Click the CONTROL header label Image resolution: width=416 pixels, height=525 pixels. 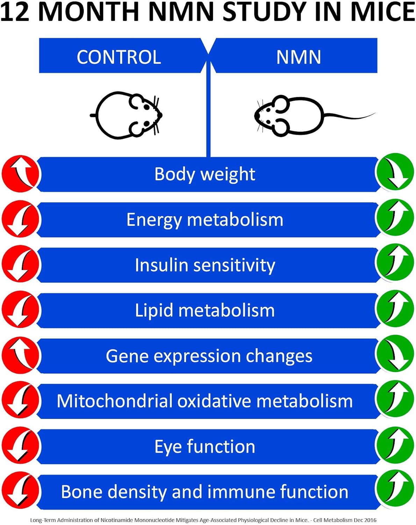[x=119, y=57]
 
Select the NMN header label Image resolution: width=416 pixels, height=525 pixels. [x=299, y=57]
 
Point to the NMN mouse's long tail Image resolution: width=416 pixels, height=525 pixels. [x=350, y=116]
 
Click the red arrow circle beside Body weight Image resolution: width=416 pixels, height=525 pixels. [x=20, y=174]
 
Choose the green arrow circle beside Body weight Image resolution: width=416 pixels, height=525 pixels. [x=394, y=172]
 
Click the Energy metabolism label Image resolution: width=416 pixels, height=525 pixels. [x=205, y=220]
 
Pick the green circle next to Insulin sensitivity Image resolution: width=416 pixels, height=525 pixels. [x=394, y=263]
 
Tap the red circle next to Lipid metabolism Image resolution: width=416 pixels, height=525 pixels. [x=20, y=310]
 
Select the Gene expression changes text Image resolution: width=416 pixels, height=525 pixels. [x=209, y=356]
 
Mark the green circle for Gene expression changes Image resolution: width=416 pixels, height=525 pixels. [x=394, y=354]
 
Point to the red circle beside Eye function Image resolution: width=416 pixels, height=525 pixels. [x=20, y=446]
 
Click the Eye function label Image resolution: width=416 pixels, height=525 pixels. [x=205, y=447]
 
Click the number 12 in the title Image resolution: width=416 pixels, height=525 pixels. [x=15, y=12]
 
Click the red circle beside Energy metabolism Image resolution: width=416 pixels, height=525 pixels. [x=20, y=219]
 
